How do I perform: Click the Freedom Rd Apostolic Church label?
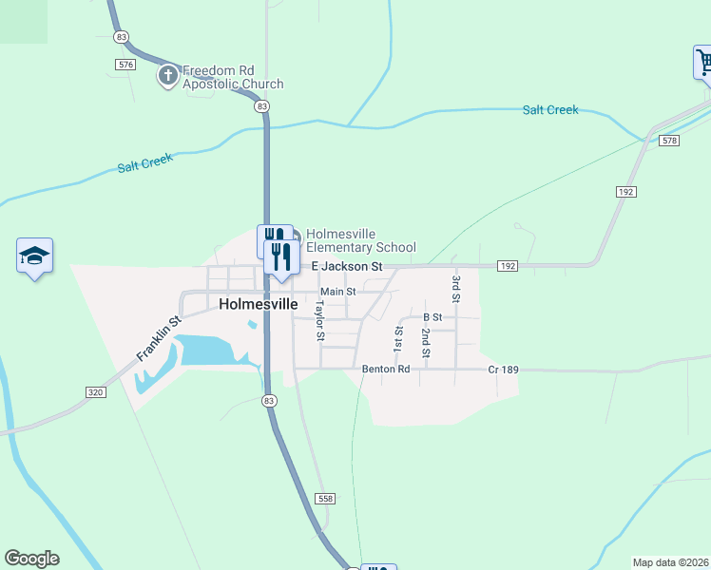232,77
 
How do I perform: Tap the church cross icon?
167,75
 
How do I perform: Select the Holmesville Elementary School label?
360,240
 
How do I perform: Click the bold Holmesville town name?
258,305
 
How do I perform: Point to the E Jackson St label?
346,267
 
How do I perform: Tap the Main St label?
337,292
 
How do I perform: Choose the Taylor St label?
320,321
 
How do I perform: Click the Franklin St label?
159,338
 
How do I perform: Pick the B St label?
432,316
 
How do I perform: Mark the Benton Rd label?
385,369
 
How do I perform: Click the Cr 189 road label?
503,369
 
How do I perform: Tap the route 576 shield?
125,64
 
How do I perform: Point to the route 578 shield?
670,141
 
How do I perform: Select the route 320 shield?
94,391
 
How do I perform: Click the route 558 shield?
325,498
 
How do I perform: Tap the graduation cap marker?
34,256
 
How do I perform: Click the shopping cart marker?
704,63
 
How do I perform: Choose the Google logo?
31,559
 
